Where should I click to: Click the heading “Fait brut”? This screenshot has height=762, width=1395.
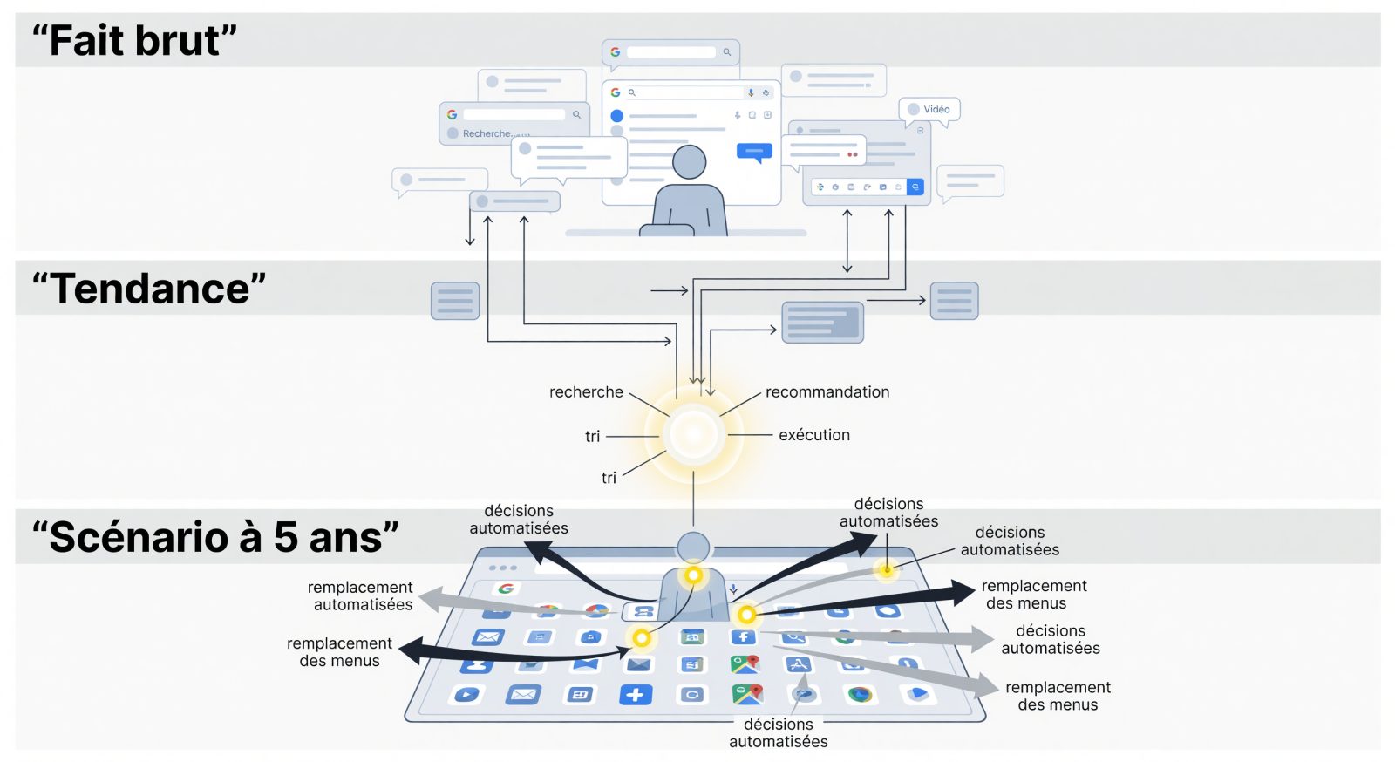pos(134,40)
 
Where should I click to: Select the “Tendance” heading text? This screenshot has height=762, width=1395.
pos(149,289)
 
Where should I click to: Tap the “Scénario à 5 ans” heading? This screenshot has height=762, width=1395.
pos(215,537)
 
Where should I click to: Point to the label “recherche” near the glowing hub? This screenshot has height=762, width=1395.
pos(586,391)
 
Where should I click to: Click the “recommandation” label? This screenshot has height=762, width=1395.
pos(827,391)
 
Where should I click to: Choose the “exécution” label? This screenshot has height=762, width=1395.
pos(814,434)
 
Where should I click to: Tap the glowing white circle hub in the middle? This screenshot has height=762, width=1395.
pos(693,434)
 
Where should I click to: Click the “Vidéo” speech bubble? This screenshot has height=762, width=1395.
pos(929,110)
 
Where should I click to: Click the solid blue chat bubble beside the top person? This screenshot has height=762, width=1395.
pos(755,152)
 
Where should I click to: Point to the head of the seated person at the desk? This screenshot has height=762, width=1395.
pos(690,162)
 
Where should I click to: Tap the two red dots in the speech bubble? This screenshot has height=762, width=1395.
pos(853,153)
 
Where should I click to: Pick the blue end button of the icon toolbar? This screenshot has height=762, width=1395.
pos(915,187)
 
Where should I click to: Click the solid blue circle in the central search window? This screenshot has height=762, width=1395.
pos(616,116)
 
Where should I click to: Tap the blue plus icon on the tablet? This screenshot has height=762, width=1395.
pos(636,694)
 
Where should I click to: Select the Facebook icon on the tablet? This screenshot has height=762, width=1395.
pos(744,636)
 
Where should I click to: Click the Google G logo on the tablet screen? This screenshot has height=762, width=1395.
pos(507,589)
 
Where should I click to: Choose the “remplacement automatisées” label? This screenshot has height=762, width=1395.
pos(360,595)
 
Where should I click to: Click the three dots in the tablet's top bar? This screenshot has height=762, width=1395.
pos(503,568)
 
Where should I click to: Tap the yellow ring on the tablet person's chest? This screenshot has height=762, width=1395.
pos(693,575)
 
